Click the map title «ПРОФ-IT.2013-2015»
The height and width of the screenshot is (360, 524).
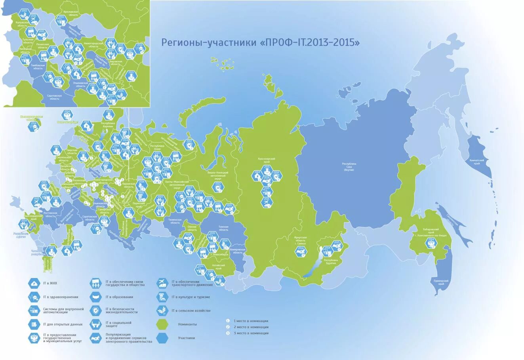261,43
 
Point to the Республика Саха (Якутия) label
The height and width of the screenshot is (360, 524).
349,166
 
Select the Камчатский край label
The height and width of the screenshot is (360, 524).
477,161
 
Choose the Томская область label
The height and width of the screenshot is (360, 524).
223,229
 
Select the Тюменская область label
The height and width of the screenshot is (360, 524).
174,221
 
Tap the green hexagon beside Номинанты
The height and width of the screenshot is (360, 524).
163,324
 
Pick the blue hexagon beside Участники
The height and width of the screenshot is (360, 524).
163,338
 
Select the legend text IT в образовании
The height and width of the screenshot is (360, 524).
119,297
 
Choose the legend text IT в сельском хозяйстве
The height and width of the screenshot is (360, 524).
191,310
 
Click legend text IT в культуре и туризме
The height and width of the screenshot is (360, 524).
191,297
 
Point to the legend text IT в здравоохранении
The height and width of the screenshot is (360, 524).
61,297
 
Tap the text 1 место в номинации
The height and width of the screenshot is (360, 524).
251,321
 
